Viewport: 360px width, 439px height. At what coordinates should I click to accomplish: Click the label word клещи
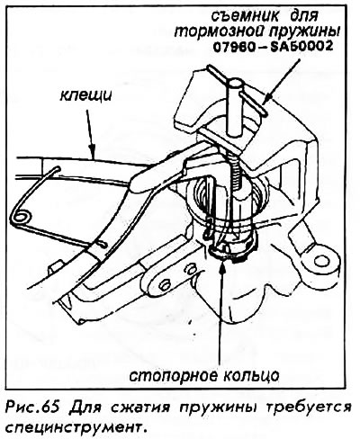point(85,96)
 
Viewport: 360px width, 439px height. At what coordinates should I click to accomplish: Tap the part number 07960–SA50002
point(273,46)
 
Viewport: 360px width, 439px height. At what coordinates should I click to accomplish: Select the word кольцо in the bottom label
point(244,375)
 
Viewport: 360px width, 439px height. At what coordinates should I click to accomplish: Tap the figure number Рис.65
point(31,408)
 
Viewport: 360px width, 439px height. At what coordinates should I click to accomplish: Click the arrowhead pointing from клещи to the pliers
point(92,151)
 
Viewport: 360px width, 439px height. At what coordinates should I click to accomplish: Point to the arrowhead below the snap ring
point(222,267)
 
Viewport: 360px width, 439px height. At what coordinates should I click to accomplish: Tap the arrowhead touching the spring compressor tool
point(265,99)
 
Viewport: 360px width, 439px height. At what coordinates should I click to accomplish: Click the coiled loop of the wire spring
point(21,216)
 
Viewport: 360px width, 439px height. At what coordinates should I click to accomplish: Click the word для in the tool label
point(304,17)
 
